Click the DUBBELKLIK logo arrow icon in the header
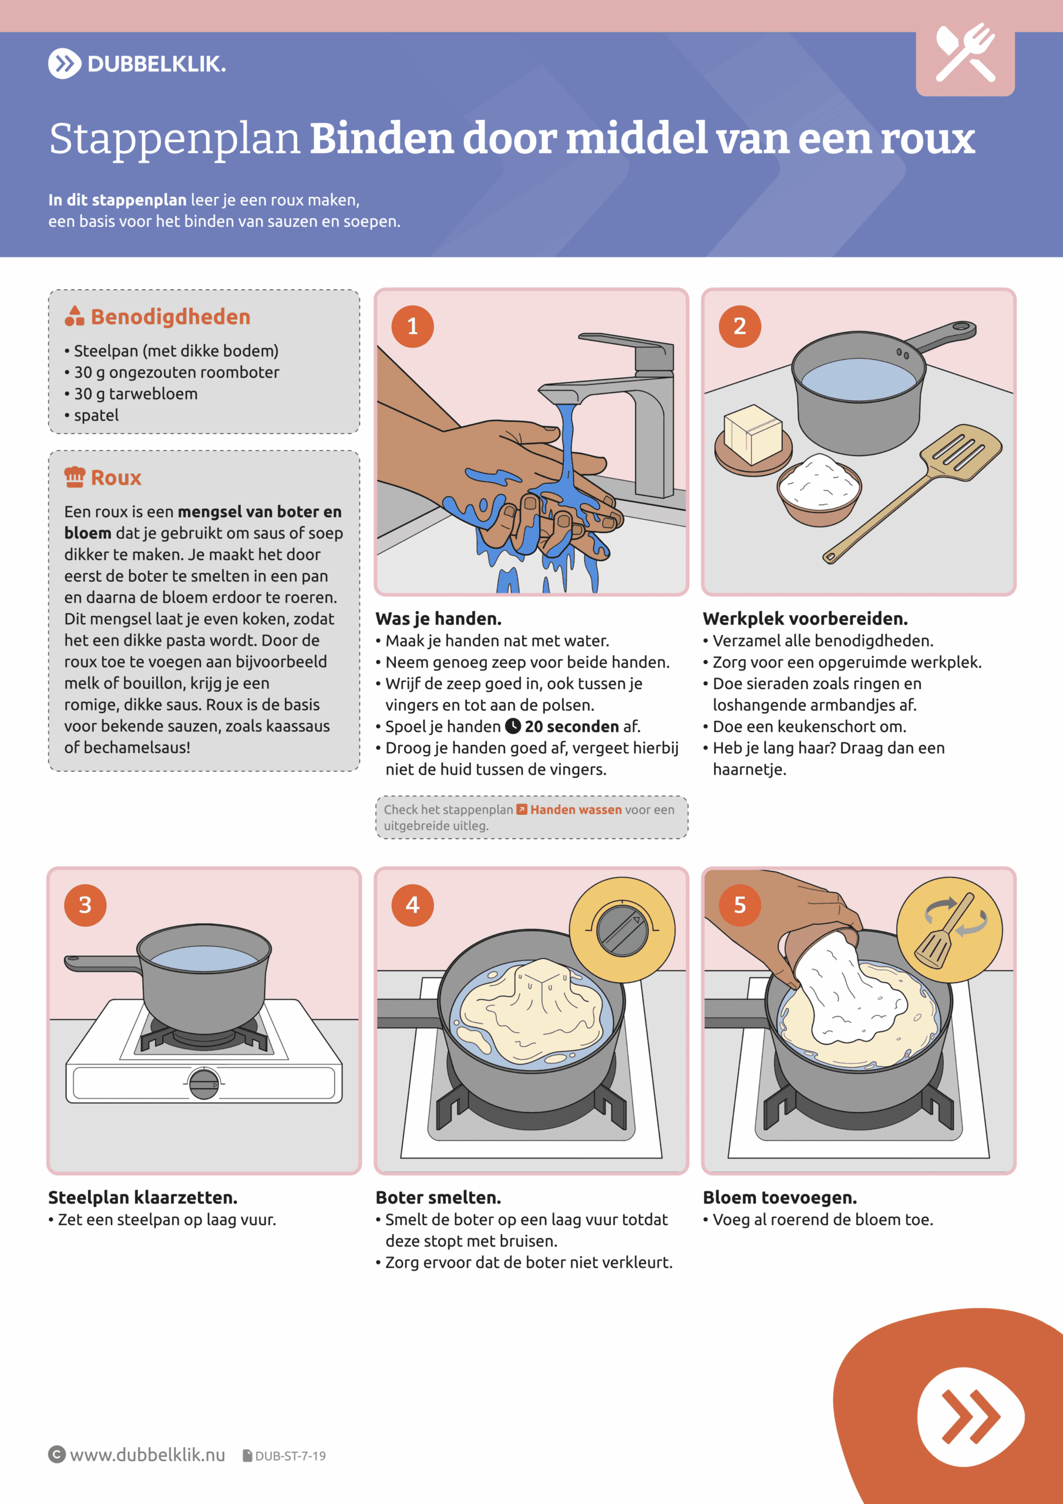(64, 63)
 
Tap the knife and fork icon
(966, 53)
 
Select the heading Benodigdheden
(170, 317)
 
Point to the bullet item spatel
(96, 415)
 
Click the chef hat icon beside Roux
(75, 477)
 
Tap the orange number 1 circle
(413, 326)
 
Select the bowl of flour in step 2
(819, 489)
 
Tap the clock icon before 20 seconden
(513, 727)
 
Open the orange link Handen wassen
(576, 810)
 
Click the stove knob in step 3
(204, 1083)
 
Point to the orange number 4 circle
(413, 905)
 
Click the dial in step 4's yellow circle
(622, 929)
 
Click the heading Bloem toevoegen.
(779, 1197)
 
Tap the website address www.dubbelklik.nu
(147, 1455)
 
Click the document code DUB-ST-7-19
(290, 1455)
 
